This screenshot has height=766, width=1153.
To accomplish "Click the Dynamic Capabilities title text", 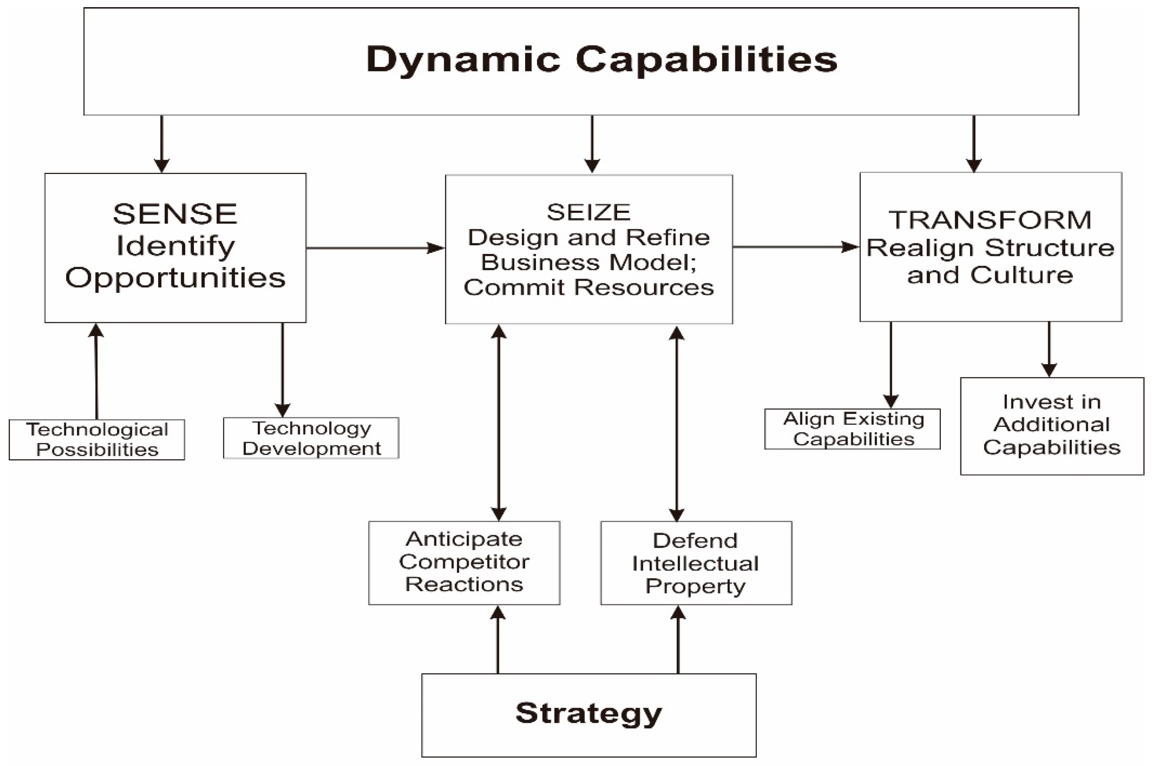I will click(601, 59).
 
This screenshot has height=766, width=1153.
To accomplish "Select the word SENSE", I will click(175, 214).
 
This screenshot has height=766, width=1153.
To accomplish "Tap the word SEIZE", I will click(588, 212).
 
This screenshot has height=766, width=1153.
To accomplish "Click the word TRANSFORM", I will click(990, 220).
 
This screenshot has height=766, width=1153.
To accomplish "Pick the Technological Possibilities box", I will click(97, 440).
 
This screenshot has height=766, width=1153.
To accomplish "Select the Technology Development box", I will click(311, 438).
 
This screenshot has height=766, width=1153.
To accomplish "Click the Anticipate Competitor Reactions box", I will click(464, 562).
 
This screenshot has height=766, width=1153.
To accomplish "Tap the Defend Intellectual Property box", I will click(695, 563).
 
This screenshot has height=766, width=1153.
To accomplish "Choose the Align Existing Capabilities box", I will click(852, 429).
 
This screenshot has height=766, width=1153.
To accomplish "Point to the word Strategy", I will click(588, 713).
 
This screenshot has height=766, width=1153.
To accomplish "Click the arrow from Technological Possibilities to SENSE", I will click(96, 371).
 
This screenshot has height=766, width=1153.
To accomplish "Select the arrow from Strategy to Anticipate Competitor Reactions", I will click(498, 640).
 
